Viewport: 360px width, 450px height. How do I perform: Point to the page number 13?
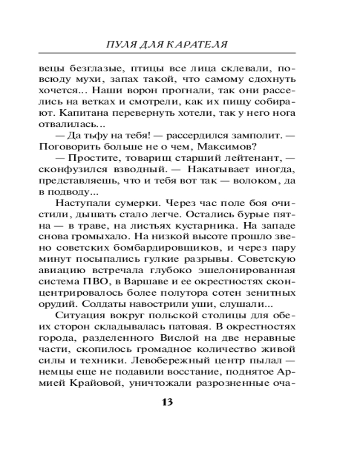[x=167, y=402]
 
